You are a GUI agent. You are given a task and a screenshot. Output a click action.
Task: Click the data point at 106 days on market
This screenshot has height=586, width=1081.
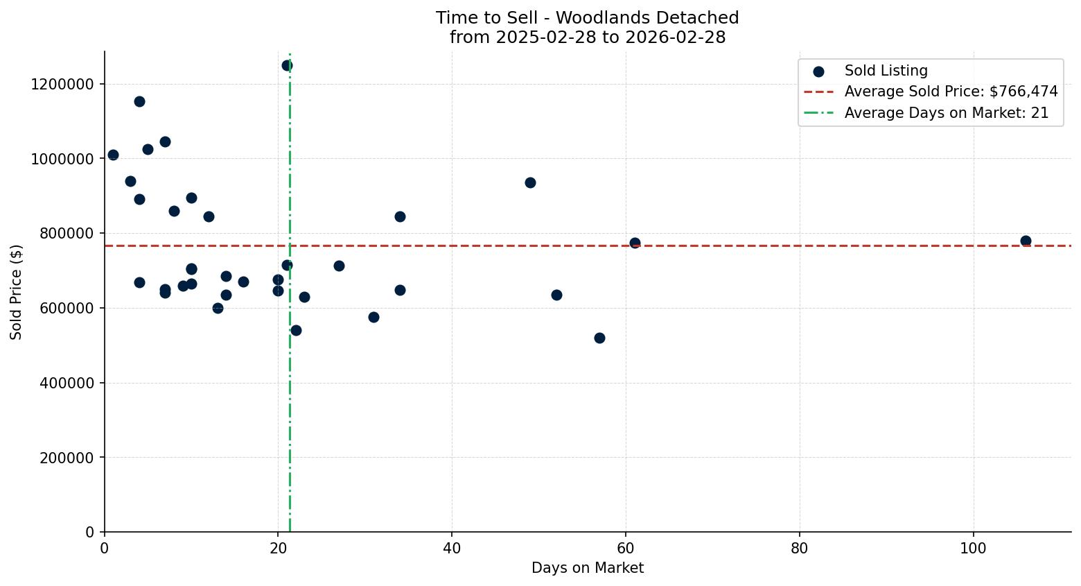coord(1025,241)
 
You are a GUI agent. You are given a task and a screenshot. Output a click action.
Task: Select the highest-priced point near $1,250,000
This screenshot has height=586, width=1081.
coord(287,65)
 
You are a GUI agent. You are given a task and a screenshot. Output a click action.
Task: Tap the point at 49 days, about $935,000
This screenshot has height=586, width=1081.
coord(530,182)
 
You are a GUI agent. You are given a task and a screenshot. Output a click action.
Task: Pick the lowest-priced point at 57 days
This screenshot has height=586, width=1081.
coord(599,338)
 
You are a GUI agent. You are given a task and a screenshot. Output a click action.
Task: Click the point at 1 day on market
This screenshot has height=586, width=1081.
coord(113,155)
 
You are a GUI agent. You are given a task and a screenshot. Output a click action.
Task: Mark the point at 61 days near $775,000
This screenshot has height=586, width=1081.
coord(635,243)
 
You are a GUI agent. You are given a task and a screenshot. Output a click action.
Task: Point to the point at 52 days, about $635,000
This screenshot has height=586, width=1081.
coord(556,295)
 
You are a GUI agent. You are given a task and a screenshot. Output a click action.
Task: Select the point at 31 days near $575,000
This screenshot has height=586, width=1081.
coord(373,317)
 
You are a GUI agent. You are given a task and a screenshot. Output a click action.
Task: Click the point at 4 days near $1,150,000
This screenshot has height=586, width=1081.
coord(139,101)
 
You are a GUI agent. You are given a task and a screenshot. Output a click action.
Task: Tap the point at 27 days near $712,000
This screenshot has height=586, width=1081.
coord(339,266)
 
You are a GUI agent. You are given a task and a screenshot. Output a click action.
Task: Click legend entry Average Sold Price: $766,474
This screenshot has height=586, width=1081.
coord(950,92)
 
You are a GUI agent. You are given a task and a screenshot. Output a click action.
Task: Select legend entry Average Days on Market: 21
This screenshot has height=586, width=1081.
coord(946,113)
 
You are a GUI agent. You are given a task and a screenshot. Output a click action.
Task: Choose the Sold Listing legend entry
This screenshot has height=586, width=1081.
coord(885,71)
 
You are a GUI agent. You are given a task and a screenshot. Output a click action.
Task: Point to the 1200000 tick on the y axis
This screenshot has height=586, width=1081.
coord(62,84)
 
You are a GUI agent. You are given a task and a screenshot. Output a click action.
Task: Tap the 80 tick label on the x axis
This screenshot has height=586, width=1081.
coord(799,548)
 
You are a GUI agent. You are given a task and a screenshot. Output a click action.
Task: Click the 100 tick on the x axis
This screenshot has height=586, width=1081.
coord(973,548)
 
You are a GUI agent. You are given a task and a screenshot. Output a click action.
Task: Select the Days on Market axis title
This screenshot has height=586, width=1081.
coord(587,568)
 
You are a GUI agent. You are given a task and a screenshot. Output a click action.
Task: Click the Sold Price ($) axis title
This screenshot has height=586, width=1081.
coord(16,292)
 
